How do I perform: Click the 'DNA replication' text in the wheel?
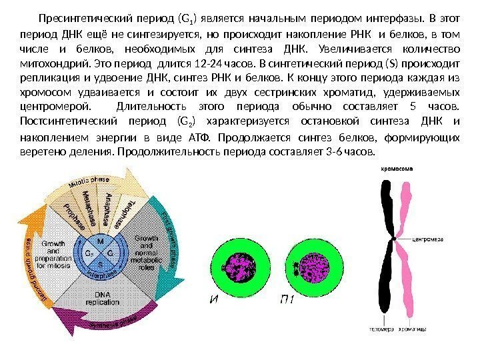pyautogui.click(x=103, y=297)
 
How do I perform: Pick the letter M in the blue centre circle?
pyautogui.click(x=101, y=241)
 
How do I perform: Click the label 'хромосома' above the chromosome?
pyautogui.click(x=396, y=169)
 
